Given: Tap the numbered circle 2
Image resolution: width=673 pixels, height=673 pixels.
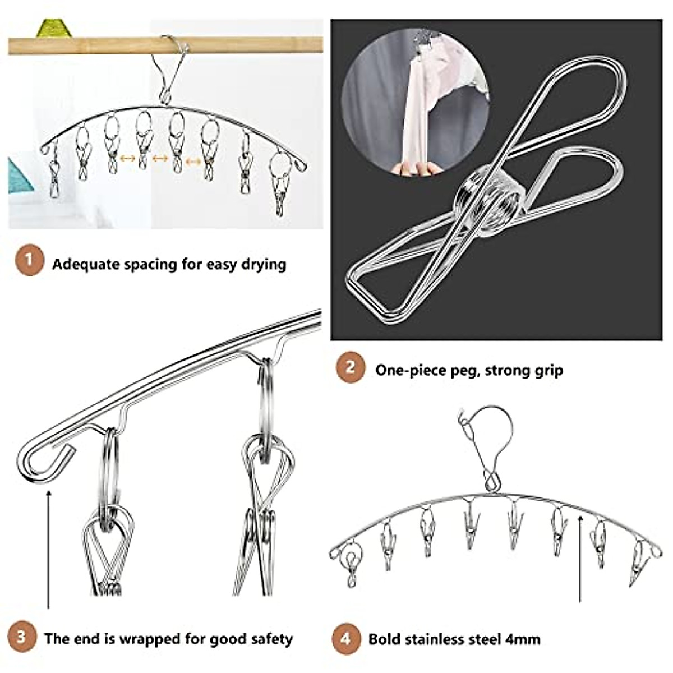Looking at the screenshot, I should [351, 368].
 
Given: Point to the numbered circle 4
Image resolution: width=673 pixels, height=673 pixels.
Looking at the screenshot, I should [345, 638].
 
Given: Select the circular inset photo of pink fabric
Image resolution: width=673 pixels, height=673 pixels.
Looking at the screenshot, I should [415, 112].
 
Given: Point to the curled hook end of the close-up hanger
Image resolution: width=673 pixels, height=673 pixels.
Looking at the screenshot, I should [42, 459].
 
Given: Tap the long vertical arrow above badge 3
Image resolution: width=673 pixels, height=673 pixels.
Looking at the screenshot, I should [49, 550].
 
